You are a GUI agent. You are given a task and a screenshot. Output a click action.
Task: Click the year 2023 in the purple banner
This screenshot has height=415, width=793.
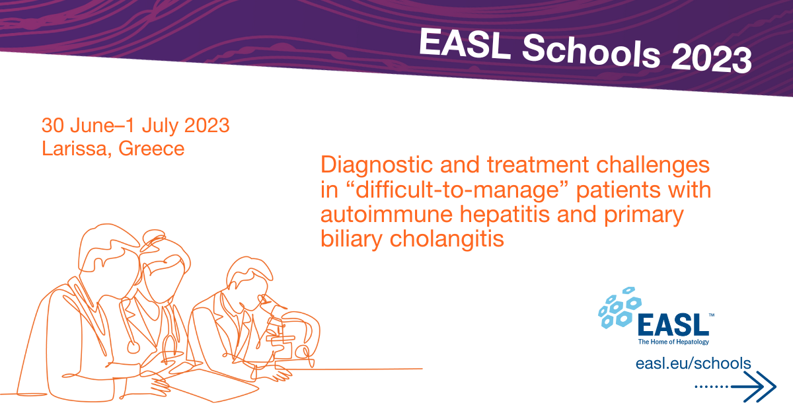click(x=711, y=59)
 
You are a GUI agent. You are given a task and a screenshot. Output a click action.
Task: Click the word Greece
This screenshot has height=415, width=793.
click(x=151, y=149)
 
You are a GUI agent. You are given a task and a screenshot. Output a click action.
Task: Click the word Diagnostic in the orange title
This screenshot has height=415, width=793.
click(x=377, y=165)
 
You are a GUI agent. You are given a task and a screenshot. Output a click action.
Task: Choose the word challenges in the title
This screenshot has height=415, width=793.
click(x=653, y=165)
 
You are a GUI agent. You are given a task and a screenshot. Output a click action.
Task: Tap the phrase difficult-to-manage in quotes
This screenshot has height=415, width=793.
click(x=457, y=190)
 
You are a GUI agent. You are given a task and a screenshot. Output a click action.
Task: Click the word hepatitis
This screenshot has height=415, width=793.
click(x=505, y=215)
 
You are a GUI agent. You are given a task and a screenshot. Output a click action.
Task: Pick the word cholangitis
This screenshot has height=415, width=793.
click(x=447, y=239)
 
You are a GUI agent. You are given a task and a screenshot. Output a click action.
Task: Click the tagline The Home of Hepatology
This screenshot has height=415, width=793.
click(x=673, y=342)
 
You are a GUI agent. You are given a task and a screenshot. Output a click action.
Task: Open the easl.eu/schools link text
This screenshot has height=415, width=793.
click(x=693, y=363)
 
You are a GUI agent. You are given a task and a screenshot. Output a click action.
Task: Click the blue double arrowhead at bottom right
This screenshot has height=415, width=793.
click(x=760, y=387)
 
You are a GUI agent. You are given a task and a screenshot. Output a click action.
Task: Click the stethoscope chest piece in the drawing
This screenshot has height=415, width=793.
click(x=133, y=347)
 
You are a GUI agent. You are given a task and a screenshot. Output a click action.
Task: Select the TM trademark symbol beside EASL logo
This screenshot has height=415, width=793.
click(x=711, y=315)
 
